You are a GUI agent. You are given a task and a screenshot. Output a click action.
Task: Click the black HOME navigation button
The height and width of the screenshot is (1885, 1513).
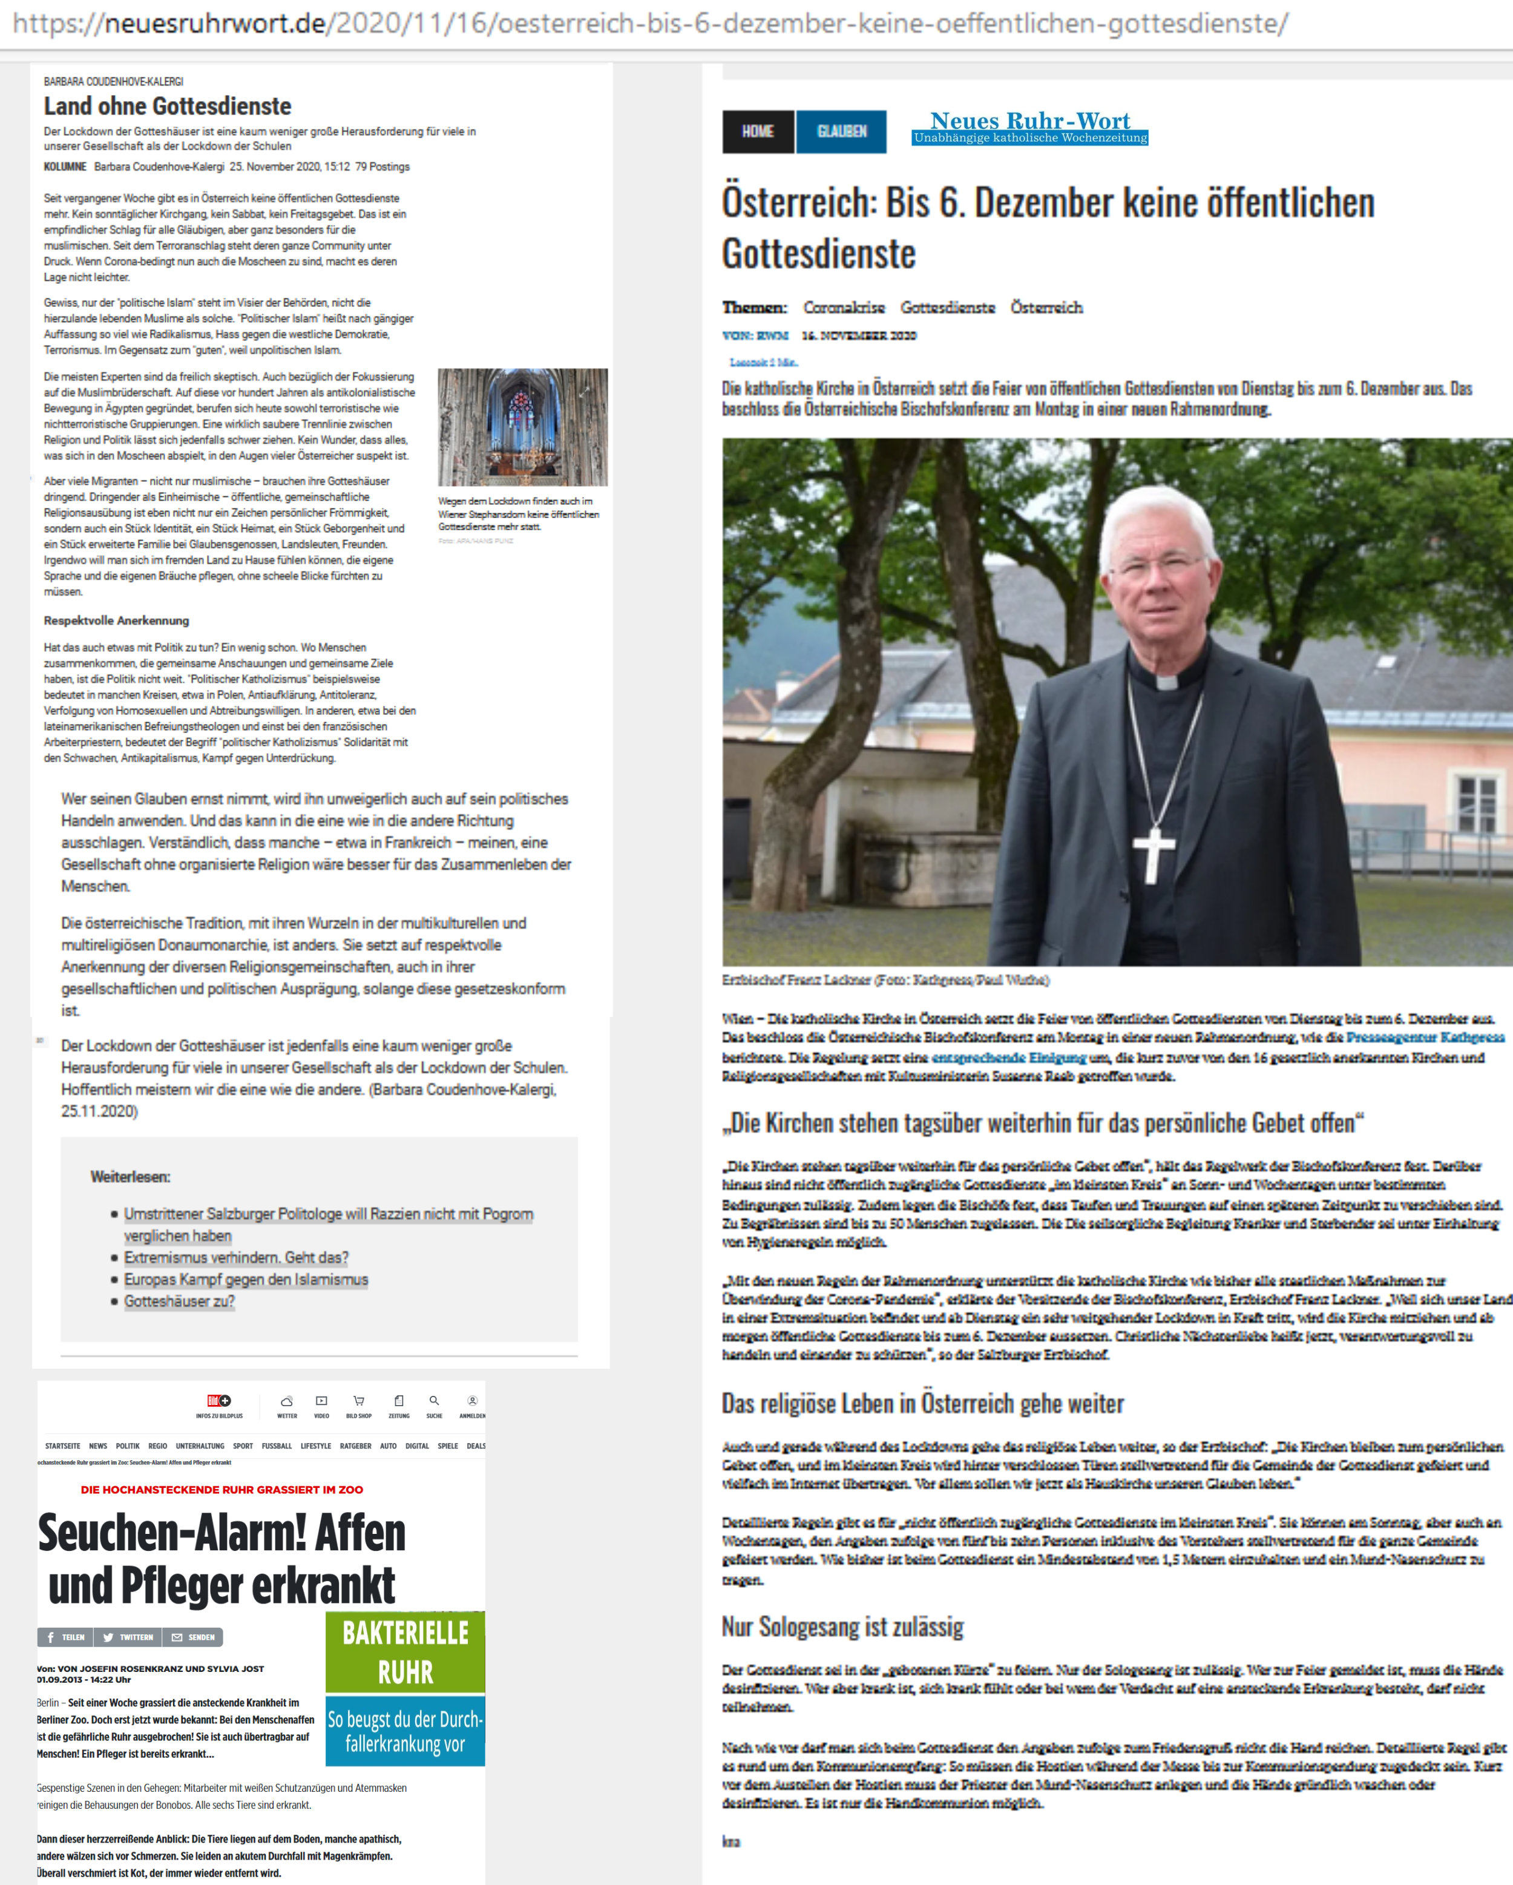pyautogui.click(x=757, y=131)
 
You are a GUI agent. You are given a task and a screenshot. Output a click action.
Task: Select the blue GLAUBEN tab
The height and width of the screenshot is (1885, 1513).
pyautogui.click(x=841, y=131)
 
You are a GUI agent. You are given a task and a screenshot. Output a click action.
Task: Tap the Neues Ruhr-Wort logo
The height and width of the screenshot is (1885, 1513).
pyautogui.click(x=1029, y=126)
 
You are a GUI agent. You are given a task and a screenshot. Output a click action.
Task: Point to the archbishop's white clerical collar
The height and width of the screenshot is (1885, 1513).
pyautogui.click(x=1167, y=681)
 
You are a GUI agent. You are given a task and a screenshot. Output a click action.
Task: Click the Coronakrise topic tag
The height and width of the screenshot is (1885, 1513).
pyautogui.click(x=844, y=307)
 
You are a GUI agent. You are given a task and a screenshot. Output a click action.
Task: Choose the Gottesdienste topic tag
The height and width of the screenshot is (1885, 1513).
pyautogui.click(x=948, y=307)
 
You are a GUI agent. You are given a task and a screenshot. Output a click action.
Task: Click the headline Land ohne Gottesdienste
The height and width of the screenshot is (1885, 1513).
pyautogui.click(x=167, y=106)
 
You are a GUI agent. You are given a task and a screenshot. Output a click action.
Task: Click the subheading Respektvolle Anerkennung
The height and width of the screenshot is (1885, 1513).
pyautogui.click(x=116, y=620)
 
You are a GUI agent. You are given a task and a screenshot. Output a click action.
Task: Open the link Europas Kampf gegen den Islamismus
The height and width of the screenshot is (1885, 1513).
pyautogui.click(x=246, y=1279)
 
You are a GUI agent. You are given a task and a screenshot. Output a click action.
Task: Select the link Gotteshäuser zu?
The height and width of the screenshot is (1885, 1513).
pyautogui.click(x=179, y=1301)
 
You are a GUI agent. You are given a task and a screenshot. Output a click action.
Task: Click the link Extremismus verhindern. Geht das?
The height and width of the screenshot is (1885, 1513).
pyautogui.click(x=236, y=1257)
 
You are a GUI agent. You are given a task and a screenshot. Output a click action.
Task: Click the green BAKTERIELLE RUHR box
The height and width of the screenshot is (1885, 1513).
pyautogui.click(x=405, y=1651)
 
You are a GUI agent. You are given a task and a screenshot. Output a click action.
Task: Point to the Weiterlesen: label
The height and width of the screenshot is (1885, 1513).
pyautogui.click(x=130, y=1176)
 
